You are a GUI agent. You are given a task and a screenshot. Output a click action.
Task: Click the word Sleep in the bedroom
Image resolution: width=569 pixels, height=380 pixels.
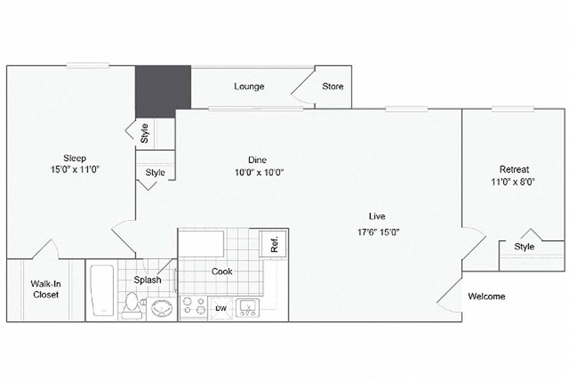pos(74,158)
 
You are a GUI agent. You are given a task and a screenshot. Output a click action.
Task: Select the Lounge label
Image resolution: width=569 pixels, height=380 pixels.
pos(249,86)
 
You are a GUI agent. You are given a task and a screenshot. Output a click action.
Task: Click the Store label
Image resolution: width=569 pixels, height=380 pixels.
pos(333,86)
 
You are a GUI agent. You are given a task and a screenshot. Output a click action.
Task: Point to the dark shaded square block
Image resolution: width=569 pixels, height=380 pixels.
pos(163,91)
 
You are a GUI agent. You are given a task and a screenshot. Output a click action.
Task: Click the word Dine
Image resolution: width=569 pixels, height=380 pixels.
pos(257,160)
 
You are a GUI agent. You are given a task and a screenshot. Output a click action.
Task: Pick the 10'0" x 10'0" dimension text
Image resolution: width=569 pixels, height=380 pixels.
pos(259,172)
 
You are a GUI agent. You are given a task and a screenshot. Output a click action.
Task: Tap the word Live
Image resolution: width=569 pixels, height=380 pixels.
pos(377,216)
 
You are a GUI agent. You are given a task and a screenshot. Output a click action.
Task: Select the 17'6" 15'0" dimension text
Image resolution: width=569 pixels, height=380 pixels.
pos(379,233)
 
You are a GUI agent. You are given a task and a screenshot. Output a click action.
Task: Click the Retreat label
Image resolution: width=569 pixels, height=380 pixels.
pos(514,169)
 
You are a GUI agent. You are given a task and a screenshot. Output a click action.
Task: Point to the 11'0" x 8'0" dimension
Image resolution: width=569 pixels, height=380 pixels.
pos(514,181)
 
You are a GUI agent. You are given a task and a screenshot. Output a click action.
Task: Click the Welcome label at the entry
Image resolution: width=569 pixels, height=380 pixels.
pos(486,296)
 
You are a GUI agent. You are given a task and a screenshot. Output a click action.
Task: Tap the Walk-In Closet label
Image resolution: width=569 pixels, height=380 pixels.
pos(46,289)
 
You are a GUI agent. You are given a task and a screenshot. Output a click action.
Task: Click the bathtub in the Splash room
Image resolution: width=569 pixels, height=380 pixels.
pos(103,290)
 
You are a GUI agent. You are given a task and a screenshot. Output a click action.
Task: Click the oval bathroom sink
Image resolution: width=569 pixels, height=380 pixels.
pos(162,308)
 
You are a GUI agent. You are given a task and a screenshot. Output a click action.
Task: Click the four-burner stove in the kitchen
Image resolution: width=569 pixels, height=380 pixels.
pos(192,307)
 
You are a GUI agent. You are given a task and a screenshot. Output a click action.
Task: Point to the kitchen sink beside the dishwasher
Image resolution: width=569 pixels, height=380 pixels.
pos(247,307)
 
